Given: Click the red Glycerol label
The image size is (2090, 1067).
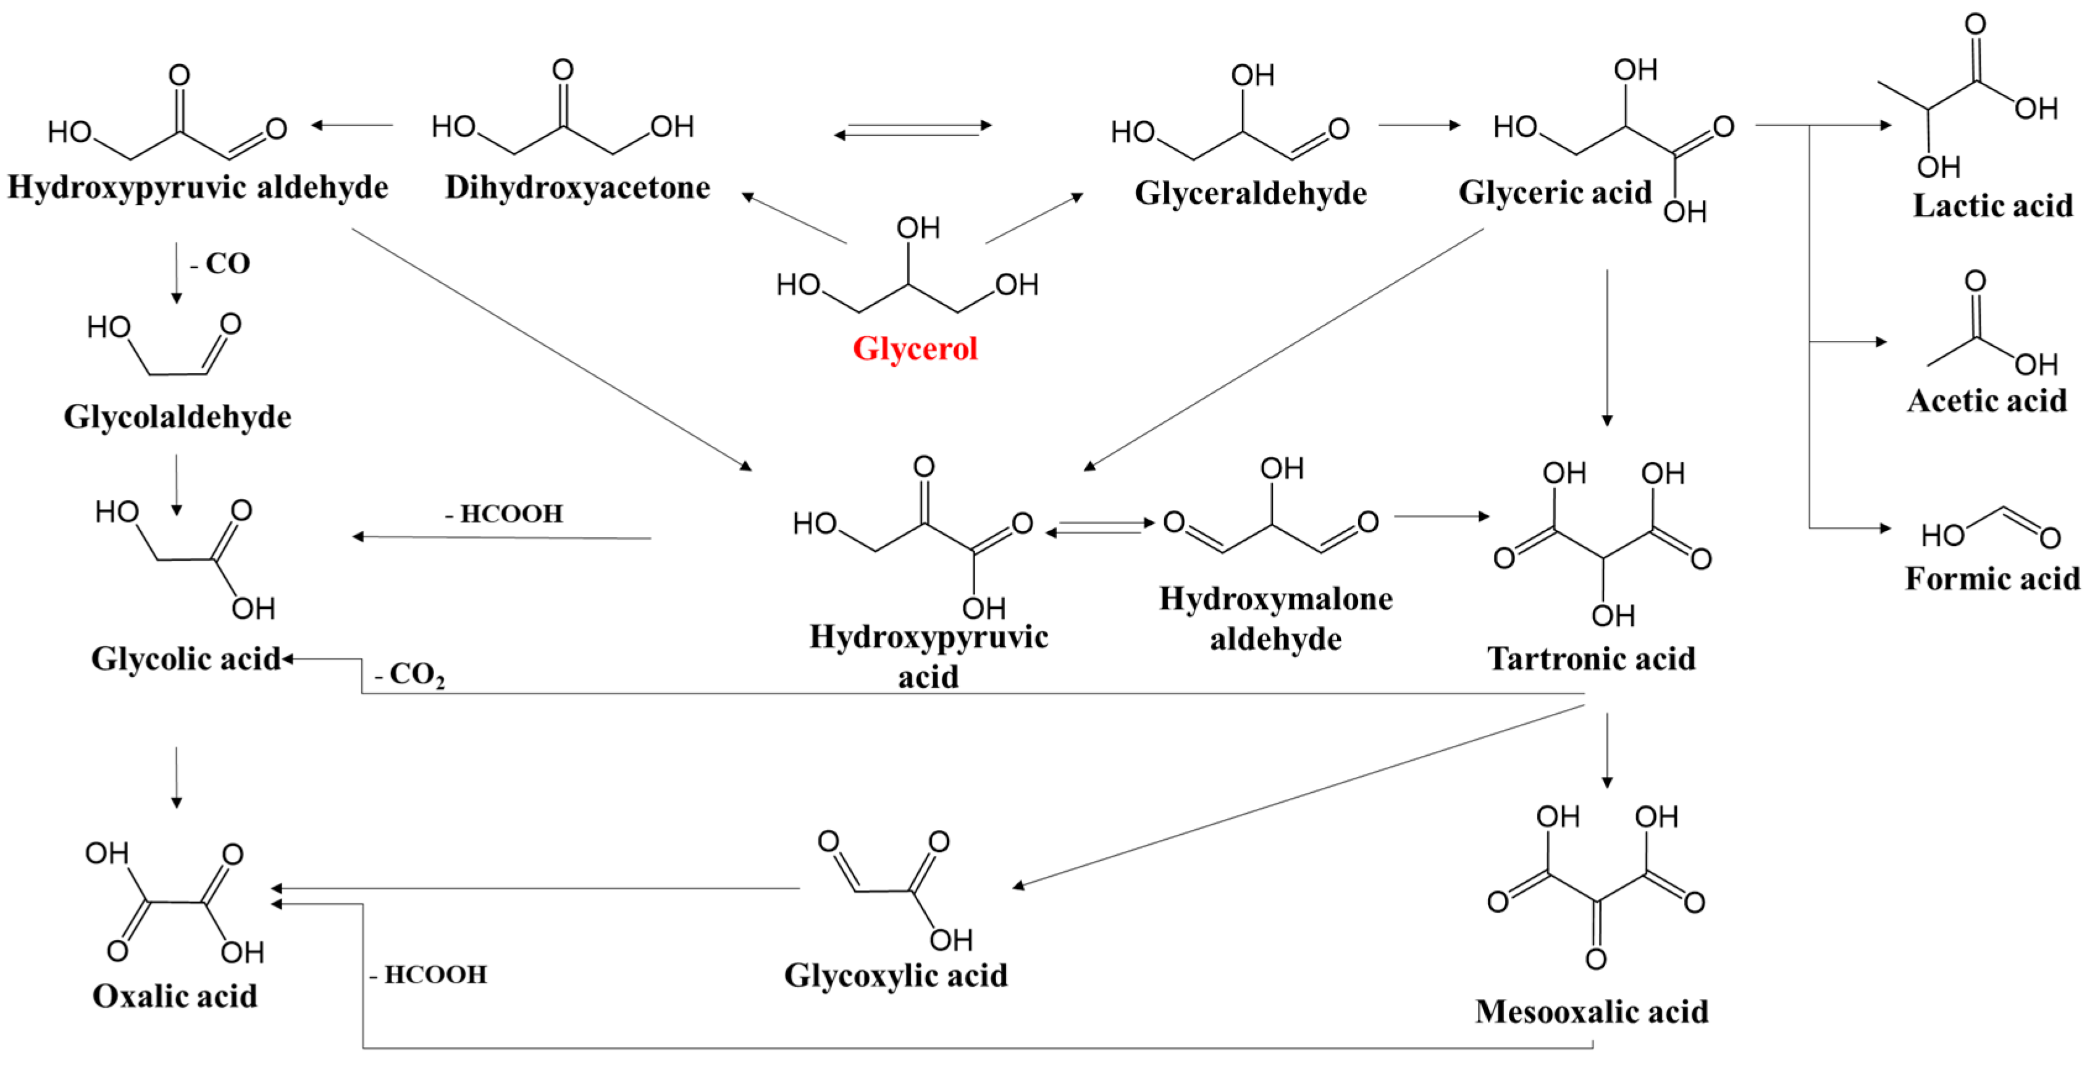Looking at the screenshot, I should tap(915, 349).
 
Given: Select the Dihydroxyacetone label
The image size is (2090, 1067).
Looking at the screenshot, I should tap(577, 188).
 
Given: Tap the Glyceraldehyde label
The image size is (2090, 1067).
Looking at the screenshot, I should tap(1250, 193).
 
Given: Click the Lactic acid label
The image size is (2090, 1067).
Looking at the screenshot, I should tap(1992, 205).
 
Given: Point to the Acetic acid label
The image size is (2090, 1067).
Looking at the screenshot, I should tap(1987, 401).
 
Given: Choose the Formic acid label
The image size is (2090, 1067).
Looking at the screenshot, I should tap(1992, 579).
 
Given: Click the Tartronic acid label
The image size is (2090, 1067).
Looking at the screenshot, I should tap(1591, 658).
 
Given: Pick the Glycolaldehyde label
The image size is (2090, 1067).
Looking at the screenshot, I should tap(178, 417).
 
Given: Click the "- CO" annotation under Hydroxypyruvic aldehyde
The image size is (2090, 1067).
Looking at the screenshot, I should tap(220, 264).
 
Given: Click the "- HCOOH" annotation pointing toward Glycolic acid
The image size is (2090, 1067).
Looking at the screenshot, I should tap(504, 514).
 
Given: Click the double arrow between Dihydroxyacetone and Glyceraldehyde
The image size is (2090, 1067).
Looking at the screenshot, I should tap(913, 130).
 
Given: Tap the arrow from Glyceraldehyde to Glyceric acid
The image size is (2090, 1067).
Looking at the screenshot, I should tap(1418, 125).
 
